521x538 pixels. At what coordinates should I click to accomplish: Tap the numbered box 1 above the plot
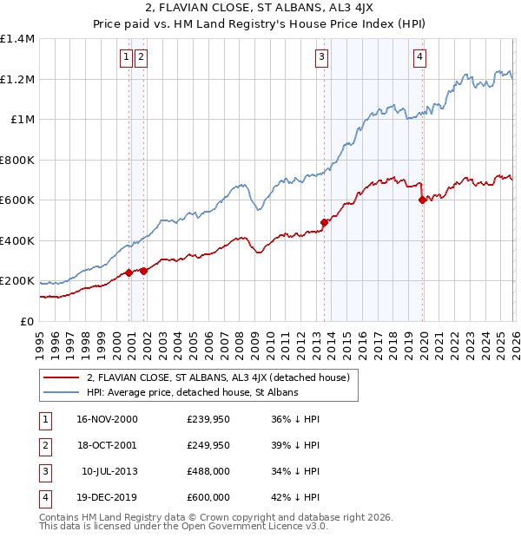126,58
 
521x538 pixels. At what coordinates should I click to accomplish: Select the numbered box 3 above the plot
321,58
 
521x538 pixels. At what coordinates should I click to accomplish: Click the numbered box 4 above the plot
419,58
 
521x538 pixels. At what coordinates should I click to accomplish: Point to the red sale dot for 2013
325,222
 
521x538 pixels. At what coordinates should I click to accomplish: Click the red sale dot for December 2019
423,200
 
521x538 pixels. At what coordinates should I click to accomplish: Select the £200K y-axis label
16,281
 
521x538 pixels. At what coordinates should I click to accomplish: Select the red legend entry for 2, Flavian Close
218,377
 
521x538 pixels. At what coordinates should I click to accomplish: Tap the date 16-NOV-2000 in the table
107,419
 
